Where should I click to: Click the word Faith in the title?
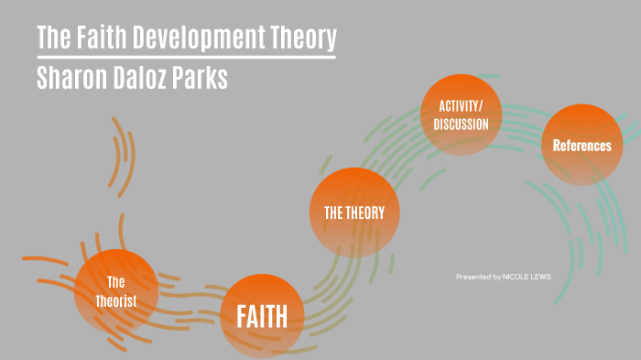pyautogui.click(x=103, y=38)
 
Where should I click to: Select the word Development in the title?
pyautogui.click(x=205, y=38)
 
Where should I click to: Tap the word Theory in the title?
pyautogui.click(x=303, y=38)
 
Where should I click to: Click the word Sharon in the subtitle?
pyautogui.click(x=72, y=78)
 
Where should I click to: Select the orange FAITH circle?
pyautogui.click(x=262, y=316)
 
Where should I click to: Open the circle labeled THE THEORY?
pyautogui.click(x=354, y=213)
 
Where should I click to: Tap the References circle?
pyautogui.click(x=581, y=145)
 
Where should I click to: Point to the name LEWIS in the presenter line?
pyautogui.click(x=541, y=276)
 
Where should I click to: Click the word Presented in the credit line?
pyautogui.click(x=473, y=276)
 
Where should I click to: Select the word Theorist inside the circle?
pyautogui.click(x=116, y=300)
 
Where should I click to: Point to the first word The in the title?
pyautogui.click(x=52, y=38)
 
